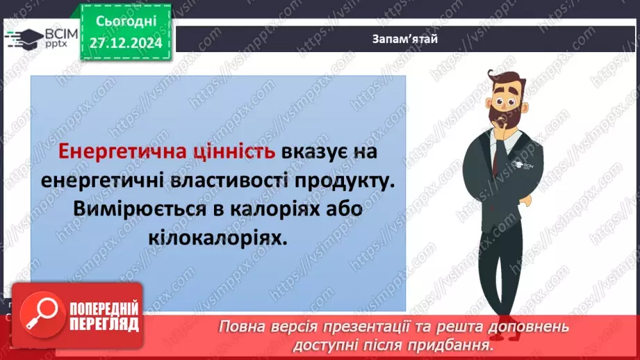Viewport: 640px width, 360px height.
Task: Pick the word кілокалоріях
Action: click(x=218, y=238)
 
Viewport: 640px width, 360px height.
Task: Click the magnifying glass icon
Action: click(x=40, y=314)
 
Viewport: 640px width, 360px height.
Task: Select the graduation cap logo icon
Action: click(x=22, y=36)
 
